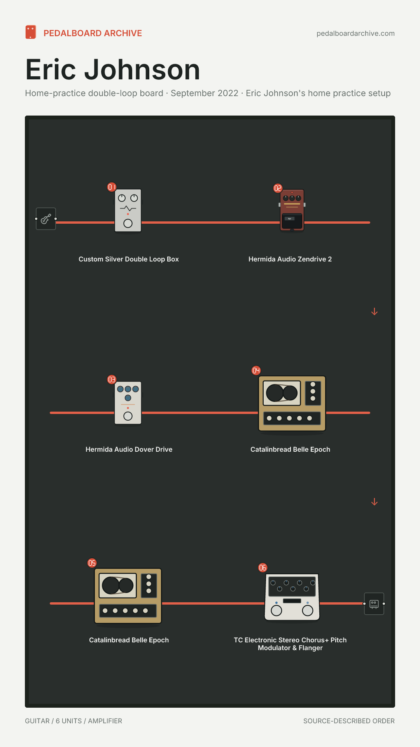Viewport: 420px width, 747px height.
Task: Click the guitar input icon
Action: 46,219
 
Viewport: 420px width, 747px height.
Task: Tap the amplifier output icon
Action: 374,604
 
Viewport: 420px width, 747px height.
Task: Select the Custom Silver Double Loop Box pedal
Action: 128,210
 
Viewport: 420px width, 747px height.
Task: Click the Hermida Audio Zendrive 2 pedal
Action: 292,210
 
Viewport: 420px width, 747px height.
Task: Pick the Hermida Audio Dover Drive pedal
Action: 128,403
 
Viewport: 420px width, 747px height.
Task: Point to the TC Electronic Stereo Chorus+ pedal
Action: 292,597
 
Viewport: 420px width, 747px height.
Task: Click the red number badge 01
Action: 112,187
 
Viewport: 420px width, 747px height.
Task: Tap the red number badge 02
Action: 278,188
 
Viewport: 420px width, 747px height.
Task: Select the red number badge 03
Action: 112,379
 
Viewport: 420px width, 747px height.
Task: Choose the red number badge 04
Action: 256,370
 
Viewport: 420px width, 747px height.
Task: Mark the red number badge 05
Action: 92,563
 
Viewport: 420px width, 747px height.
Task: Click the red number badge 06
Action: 263,568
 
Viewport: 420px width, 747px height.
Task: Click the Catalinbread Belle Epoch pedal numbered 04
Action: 292,403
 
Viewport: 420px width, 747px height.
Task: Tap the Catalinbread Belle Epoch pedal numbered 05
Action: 128,596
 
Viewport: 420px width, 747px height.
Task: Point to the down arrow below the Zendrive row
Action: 374,312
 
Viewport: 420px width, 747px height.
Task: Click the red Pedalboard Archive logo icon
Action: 31,32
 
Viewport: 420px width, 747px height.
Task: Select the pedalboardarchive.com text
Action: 355,33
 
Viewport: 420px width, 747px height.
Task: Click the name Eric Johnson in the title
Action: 113,70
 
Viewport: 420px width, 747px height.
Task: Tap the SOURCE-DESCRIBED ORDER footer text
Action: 349,721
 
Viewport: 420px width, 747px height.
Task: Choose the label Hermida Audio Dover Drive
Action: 129,449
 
